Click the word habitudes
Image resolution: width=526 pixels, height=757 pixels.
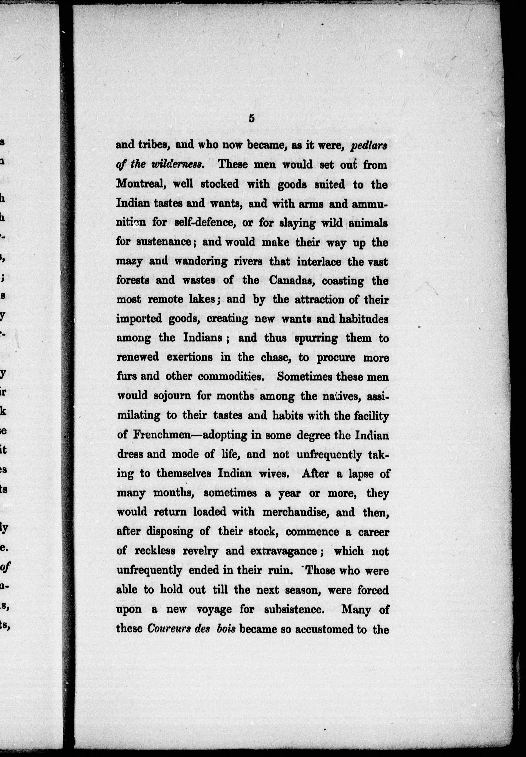[x=364, y=319]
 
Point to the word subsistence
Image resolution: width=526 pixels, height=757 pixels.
[x=294, y=609]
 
